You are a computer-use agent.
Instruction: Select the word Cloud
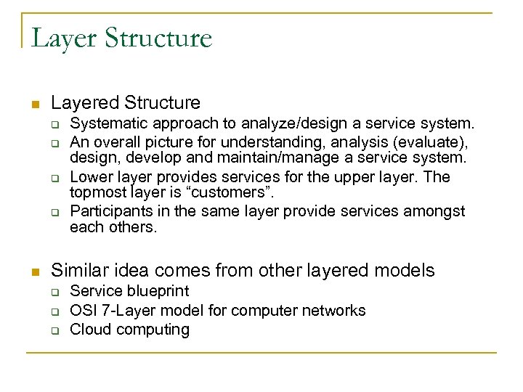89,330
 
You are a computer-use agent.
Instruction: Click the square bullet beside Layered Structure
34,105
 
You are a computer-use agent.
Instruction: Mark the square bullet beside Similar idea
34,273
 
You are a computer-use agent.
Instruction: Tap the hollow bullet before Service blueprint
54,293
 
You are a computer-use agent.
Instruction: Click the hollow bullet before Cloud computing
54,330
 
